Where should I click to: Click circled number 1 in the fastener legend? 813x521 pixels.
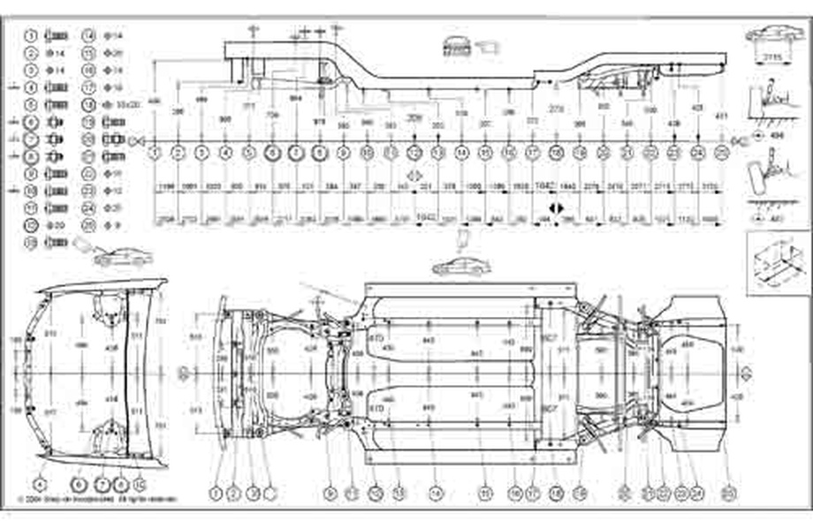tap(31, 36)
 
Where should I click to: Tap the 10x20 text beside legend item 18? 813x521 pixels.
tap(128, 104)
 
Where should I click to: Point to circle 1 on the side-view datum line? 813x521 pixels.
tap(156, 153)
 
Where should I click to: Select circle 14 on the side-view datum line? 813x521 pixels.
tap(461, 153)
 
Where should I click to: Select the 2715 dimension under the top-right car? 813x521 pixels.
tap(774, 57)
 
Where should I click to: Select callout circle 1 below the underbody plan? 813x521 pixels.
tap(216, 492)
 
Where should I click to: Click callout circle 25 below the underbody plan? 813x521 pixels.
tap(727, 492)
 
